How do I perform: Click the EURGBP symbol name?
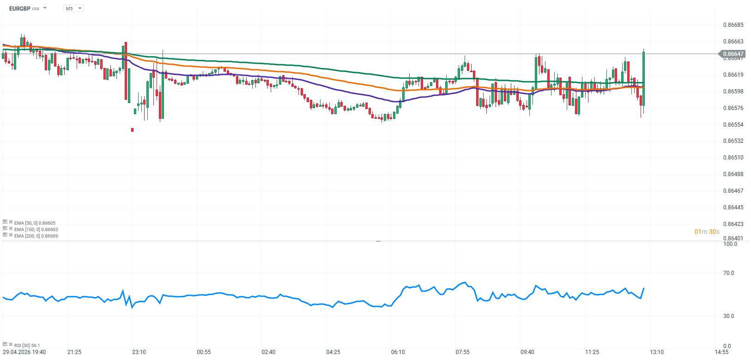click(x=20, y=8)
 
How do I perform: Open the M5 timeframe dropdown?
click(x=73, y=8)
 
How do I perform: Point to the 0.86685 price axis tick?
click(x=733, y=25)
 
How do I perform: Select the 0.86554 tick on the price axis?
click(x=733, y=125)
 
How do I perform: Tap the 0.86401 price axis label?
click(x=733, y=238)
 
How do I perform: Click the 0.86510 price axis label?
click(x=733, y=158)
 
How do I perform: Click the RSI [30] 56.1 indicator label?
click(x=27, y=345)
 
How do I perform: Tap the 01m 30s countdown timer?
click(x=707, y=232)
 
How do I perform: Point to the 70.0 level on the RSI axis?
click(x=728, y=273)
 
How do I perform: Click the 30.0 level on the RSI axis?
click(x=728, y=316)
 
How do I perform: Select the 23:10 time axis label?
click(x=139, y=352)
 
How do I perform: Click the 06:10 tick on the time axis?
click(x=398, y=352)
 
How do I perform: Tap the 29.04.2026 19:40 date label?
click(x=24, y=352)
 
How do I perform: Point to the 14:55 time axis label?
click(x=721, y=352)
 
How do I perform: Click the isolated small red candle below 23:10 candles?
click(x=133, y=130)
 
